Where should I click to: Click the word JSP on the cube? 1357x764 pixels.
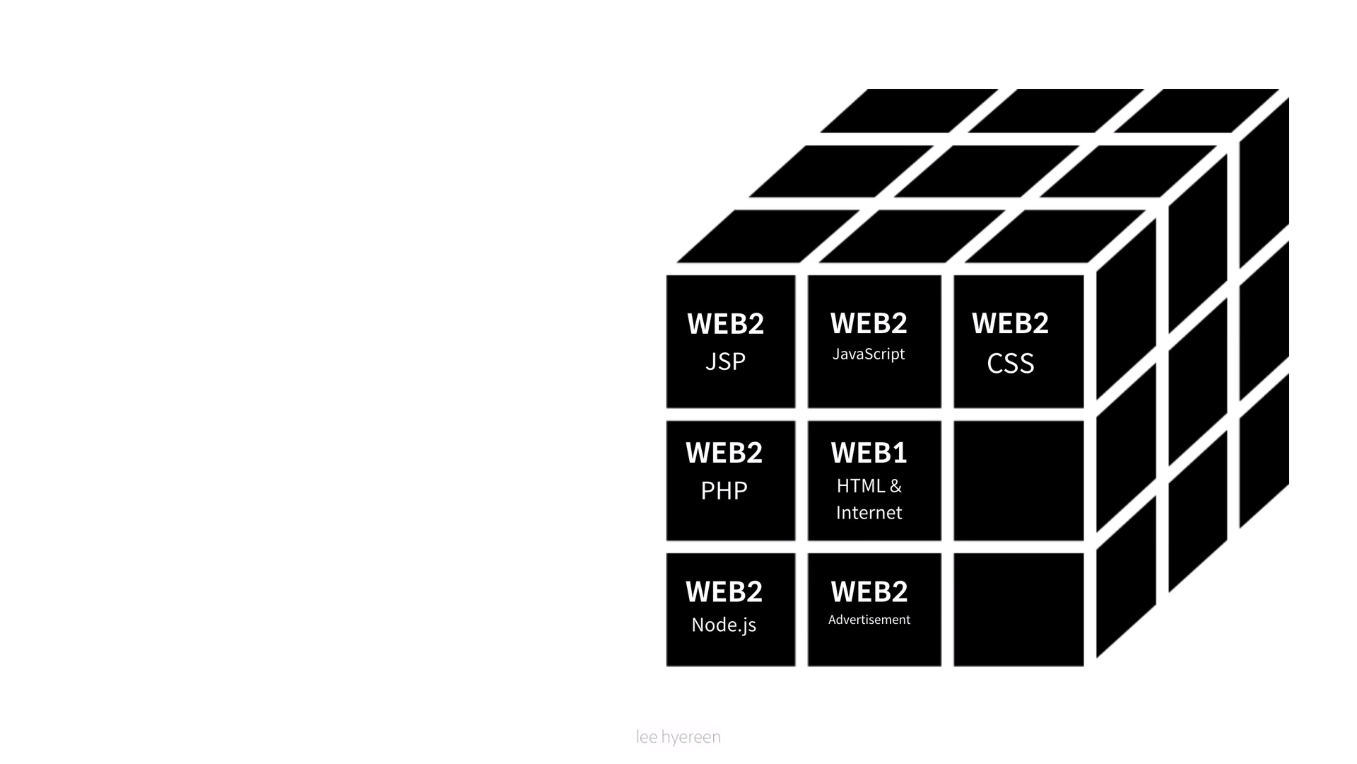tap(725, 361)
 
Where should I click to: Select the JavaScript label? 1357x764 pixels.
tap(869, 354)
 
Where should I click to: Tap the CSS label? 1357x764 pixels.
tap(1010, 364)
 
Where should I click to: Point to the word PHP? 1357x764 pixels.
tap(724, 490)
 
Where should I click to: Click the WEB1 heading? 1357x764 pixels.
tap(869, 453)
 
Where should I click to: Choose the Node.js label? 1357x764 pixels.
tap(724, 625)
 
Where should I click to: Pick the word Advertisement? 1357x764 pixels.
tap(869, 620)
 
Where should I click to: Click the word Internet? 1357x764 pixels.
tap(869, 512)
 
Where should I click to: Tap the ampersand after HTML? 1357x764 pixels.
tap(895, 486)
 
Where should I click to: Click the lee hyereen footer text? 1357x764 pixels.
tap(678, 737)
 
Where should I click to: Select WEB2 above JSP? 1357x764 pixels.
tap(725, 323)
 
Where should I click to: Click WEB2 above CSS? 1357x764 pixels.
tap(1010, 323)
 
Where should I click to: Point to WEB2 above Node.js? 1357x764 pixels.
tap(724, 591)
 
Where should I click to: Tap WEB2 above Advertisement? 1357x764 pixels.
tap(869, 591)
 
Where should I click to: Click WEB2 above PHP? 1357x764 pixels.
tap(724, 453)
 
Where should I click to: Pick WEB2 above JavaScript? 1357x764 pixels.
tap(869, 323)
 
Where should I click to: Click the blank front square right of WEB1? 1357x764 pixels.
tap(1018, 481)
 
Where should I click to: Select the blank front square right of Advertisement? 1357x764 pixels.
tap(1018, 610)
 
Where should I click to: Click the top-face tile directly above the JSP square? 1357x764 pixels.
tap(768, 236)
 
